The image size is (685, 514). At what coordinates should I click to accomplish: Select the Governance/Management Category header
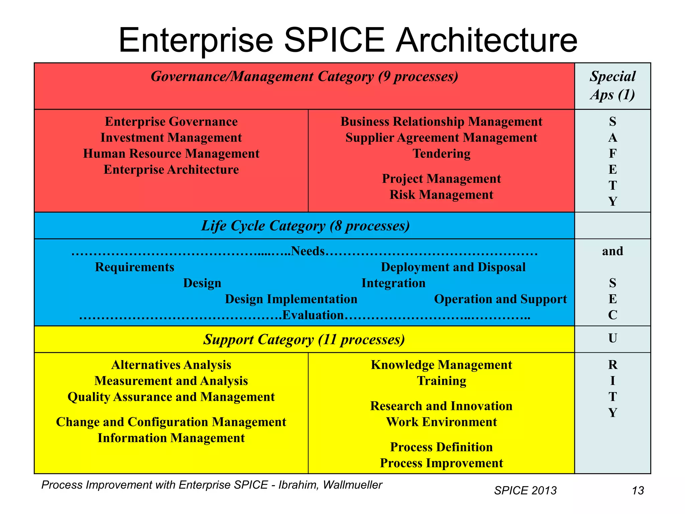pos(304,77)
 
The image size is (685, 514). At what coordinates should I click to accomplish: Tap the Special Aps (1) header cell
pos(612,85)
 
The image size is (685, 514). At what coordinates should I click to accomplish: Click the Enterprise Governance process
pos(171,121)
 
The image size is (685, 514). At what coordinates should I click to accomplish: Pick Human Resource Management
pos(171,154)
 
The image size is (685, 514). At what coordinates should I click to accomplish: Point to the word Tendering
pos(442,154)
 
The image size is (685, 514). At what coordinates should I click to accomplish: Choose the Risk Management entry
pos(442,195)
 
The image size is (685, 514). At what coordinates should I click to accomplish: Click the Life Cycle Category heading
pos(305,226)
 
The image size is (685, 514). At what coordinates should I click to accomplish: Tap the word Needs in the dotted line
pos(308,251)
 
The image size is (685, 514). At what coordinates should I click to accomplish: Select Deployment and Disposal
pos(453,267)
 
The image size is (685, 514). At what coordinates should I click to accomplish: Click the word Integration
pos(393,283)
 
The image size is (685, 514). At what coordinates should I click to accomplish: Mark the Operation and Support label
pos(500,299)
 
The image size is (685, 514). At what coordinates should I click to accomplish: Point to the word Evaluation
pos(313,315)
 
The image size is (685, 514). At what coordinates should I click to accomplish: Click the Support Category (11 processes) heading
pos(304,340)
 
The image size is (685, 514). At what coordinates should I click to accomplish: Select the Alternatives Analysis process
pos(171,365)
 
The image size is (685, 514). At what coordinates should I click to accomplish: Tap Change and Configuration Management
pos(171,422)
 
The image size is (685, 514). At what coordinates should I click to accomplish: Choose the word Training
pos(442,381)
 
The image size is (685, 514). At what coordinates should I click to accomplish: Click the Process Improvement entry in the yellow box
pos(442,463)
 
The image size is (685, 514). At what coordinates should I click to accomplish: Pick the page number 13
pos(638,491)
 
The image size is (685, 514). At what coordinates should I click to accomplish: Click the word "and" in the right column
pos(612,251)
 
